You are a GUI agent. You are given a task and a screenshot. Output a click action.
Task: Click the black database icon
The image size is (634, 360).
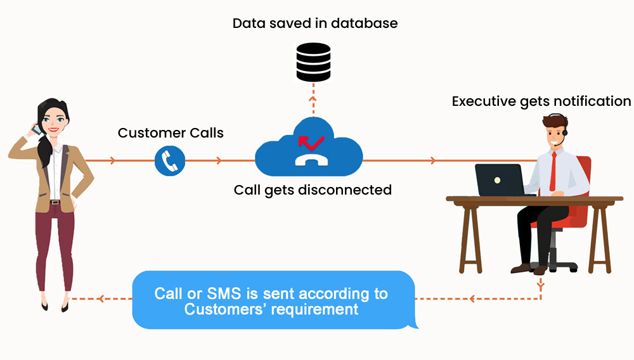coord(314,61)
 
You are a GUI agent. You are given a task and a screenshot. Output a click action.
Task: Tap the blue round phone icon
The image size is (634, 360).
coord(170,161)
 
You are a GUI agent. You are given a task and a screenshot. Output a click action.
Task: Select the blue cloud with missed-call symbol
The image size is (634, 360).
coord(309,151)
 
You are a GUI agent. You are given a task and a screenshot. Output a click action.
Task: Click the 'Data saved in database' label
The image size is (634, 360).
coord(315,23)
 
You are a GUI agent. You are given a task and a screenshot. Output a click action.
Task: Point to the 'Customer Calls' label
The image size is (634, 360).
coord(171,133)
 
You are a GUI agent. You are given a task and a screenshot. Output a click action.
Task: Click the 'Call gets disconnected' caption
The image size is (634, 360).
coord(313,190)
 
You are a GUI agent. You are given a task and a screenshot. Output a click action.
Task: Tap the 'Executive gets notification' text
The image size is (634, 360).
coord(541,101)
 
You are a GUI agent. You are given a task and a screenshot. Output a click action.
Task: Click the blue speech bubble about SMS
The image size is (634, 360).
coord(273,301)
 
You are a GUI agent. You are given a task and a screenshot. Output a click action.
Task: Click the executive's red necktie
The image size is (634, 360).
coord(553,171)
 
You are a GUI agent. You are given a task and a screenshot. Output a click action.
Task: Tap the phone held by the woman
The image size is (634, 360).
coord(37,128)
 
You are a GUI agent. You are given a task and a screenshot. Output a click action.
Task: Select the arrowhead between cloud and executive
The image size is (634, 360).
coord(434,161)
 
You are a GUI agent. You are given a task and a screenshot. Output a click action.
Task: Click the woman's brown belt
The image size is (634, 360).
coord(55,202)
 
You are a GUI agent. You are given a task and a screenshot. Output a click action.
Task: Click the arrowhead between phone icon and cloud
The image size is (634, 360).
coord(219,161)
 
